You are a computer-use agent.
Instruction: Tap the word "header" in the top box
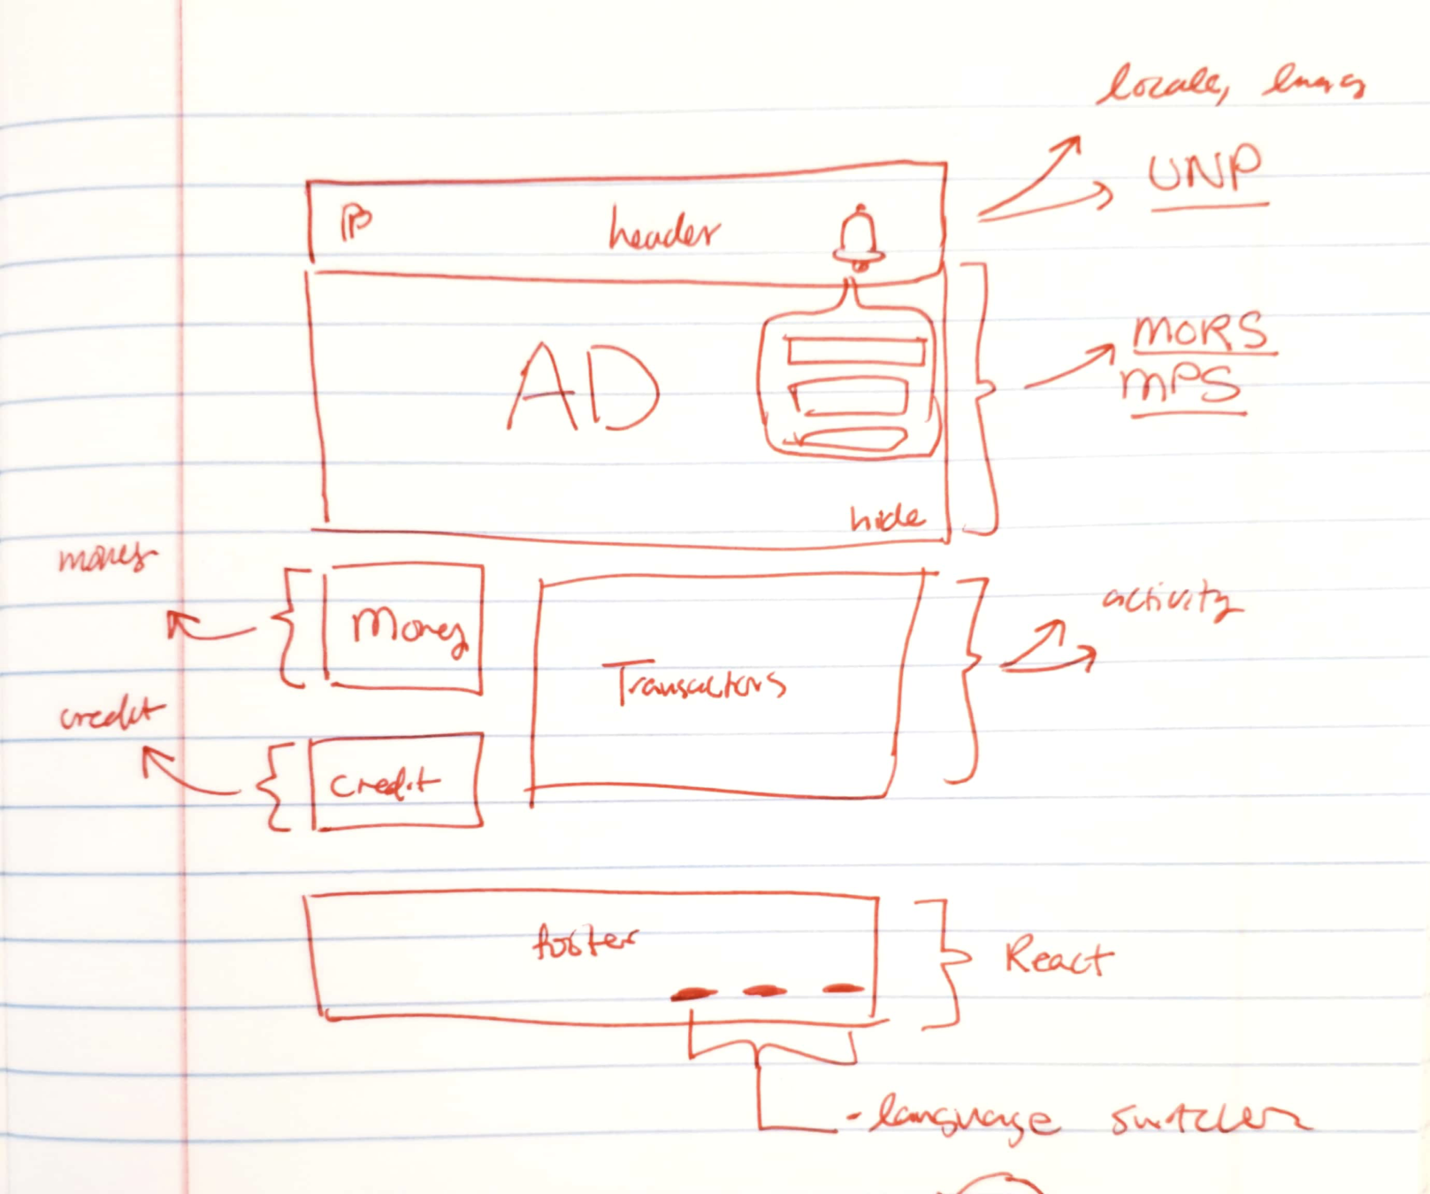[664, 233]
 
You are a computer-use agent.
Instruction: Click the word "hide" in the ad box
[886, 517]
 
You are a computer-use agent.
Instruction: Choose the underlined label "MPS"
[1181, 386]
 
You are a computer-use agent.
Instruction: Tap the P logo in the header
[356, 224]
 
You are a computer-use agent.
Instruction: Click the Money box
[405, 627]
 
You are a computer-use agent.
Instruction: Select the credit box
[396, 782]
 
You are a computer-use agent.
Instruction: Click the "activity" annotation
[1169, 601]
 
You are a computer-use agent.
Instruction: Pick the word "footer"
[585, 942]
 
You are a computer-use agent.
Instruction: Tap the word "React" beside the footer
[1058, 958]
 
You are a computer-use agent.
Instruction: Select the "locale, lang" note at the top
[1229, 85]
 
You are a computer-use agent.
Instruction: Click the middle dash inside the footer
[765, 991]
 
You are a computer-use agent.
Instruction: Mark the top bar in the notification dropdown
[855, 352]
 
